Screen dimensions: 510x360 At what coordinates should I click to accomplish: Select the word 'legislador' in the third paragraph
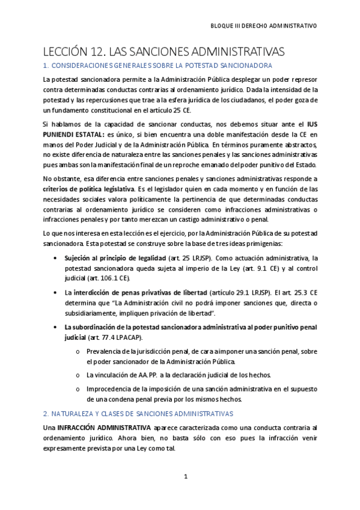tap(182, 189)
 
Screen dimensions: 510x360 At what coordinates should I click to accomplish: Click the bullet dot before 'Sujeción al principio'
tap(56, 257)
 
